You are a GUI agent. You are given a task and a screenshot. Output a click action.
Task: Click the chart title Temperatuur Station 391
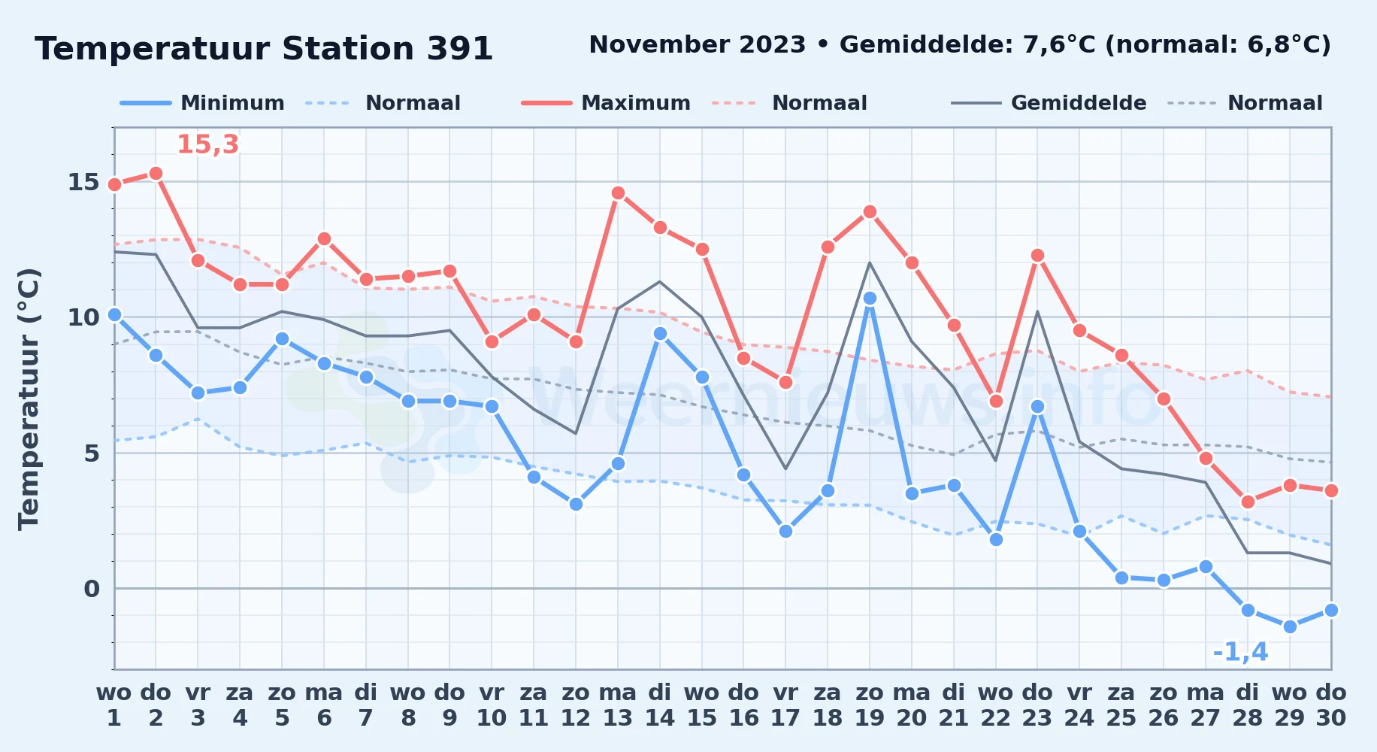(264, 49)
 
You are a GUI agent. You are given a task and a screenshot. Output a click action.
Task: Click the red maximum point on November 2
(156, 174)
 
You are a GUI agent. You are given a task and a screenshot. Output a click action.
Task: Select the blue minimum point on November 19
(870, 299)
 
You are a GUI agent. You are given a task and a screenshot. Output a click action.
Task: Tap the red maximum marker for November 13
(618, 193)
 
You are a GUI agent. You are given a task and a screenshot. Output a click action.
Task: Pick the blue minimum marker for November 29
(1290, 626)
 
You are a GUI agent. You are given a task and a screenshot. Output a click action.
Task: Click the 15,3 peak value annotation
(207, 144)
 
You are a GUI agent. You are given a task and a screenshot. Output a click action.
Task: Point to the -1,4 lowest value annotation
(1240, 652)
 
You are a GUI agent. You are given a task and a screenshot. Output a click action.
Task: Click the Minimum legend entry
(203, 103)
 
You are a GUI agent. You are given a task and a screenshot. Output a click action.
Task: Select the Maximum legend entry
(606, 103)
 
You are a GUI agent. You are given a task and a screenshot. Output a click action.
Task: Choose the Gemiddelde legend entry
(1049, 103)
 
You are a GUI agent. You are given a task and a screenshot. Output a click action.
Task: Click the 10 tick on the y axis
(83, 317)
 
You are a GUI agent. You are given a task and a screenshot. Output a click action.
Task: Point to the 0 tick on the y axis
(92, 589)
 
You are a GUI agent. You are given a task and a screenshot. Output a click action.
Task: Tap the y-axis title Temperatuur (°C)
(29, 399)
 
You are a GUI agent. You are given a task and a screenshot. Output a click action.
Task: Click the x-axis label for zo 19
(870, 705)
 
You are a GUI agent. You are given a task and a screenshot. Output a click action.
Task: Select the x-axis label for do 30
(1331, 705)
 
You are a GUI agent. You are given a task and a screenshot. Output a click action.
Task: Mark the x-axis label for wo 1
(114, 705)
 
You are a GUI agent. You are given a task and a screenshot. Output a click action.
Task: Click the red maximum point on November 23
(1038, 256)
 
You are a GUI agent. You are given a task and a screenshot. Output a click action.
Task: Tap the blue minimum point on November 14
(660, 334)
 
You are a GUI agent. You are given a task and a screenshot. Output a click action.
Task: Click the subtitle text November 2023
(698, 45)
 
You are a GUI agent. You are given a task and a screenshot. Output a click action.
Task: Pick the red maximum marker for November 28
(1248, 502)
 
